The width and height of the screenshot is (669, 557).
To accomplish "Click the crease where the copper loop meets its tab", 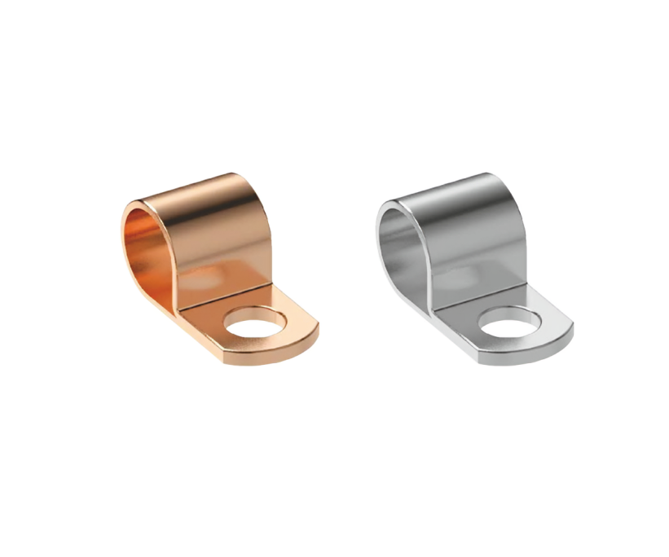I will click(x=224, y=296).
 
